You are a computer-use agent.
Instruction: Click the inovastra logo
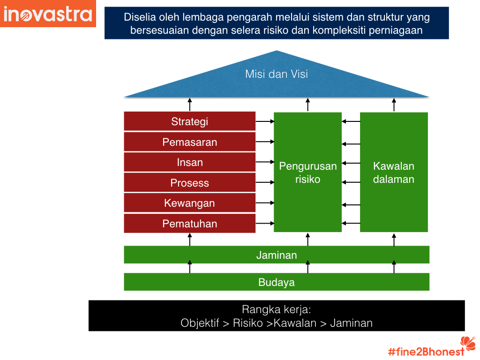pyautogui.click(x=48, y=14)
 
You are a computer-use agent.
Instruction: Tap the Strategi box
pyautogui.click(x=189, y=122)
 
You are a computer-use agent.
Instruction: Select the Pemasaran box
pyautogui.click(x=189, y=142)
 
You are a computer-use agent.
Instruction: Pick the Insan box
pyautogui.click(x=189, y=162)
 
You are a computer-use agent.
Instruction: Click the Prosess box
pyautogui.click(x=189, y=183)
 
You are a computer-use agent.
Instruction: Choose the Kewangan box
pyautogui.click(x=189, y=203)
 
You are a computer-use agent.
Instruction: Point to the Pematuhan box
pyautogui.click(x=189, y=224)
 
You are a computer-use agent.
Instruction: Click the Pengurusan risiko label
pyautogui.click(x=307, y=172)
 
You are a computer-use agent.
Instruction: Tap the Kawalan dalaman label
pyautogui.click(x=394, y=172)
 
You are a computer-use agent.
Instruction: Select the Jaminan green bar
pyautogui.click(x=277, y=255)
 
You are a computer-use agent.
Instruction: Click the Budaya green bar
pyautogui.click(x=277, y=282)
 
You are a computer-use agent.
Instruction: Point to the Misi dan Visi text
pyautogui.click(x=277, y=74)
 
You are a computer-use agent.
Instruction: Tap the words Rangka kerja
pyautogui.click(x=277, y=309)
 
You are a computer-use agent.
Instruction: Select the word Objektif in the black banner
pyautogui.click(x=200, y=323)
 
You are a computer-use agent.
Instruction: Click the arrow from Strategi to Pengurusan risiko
pyautogui.click(x=264, y=122)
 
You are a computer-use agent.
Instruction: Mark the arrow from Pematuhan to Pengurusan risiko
pyautogui.click(x=264, y=223)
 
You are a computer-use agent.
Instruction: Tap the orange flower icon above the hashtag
pyautogui.click(x=467, y=342)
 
